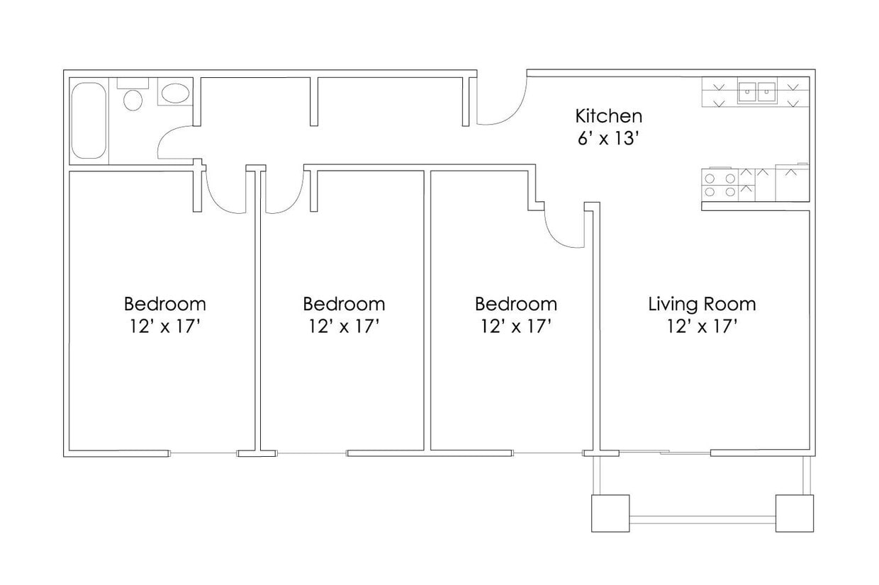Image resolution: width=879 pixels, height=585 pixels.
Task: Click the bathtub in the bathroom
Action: point(89,121)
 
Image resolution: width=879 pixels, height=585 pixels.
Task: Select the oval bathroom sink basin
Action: point(174,93)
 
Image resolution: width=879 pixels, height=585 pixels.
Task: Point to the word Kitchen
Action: point(608,115)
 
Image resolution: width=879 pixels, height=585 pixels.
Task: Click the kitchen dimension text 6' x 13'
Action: point(608,138)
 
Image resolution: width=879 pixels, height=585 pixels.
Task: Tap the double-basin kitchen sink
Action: point(756,91)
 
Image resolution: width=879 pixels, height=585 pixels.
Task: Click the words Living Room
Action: point(702,304)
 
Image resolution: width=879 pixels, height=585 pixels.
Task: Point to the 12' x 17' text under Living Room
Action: point(702,326)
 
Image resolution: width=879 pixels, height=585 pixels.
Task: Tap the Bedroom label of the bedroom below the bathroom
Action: point(165,304)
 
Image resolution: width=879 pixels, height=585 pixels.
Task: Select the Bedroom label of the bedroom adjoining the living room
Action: point(515,304)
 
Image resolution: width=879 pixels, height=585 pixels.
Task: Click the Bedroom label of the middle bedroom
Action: point(344,304)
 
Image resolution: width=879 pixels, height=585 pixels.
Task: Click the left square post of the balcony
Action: point(610,513)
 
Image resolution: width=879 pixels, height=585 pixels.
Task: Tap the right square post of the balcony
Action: point(794,513)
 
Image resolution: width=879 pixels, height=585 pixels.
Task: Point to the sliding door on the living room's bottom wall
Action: point(664,452)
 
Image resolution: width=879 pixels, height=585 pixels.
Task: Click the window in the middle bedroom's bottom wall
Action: point(312,453)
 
